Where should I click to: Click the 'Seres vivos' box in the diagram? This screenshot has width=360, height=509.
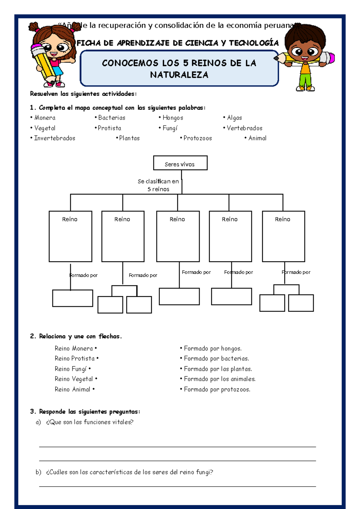(180, 163)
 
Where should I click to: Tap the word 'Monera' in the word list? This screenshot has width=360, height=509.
(45, 118)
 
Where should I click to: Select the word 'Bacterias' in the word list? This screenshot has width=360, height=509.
(112, 118)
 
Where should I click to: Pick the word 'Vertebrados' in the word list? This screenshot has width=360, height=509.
(244, 128)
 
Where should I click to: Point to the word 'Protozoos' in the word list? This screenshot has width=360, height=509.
(198, 138)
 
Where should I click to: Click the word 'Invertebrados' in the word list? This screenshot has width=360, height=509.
(55, 138)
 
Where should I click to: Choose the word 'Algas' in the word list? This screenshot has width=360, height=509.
(234, 118)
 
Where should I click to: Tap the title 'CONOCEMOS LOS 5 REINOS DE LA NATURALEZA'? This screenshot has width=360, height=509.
(179, 69)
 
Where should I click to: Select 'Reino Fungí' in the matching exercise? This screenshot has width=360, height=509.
(71, 369)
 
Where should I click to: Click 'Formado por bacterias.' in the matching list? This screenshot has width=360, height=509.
(216, 359)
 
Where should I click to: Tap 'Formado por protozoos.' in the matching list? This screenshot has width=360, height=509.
(217, 390)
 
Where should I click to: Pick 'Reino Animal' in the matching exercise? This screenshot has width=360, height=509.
(73, 390)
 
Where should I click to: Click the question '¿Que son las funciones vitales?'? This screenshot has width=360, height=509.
(89, 422)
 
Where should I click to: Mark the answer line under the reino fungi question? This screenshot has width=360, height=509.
(177, 486)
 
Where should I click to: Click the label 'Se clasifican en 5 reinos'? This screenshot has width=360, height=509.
(158, 185)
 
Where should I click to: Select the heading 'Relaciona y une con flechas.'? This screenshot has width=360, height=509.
(80, 336)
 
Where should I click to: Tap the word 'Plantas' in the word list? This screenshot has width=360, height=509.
(129, 138)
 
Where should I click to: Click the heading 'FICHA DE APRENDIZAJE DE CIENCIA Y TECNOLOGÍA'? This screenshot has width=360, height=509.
(178, 43)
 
